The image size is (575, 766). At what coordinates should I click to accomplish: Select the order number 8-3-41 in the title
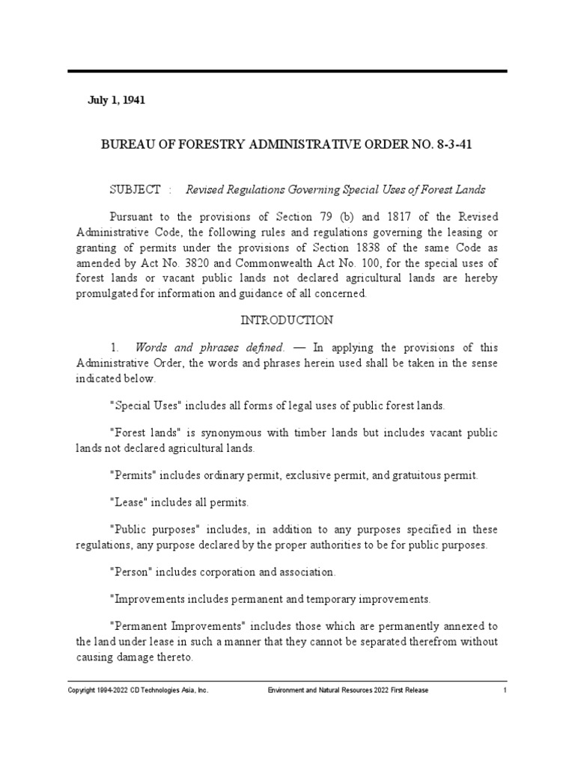pyautogui.click(x=453, y=144)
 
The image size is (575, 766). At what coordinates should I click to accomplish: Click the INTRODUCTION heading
pyautogui.click(x=287, y=320)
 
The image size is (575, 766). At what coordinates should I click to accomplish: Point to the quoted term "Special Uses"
pyautogui.click(x=144, y=405)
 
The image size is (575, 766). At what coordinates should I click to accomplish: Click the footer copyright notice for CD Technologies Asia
pyautogui.click(x=139, y=690)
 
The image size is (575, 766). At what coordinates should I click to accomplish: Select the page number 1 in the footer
pyautogui.click(x=505, y=690)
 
